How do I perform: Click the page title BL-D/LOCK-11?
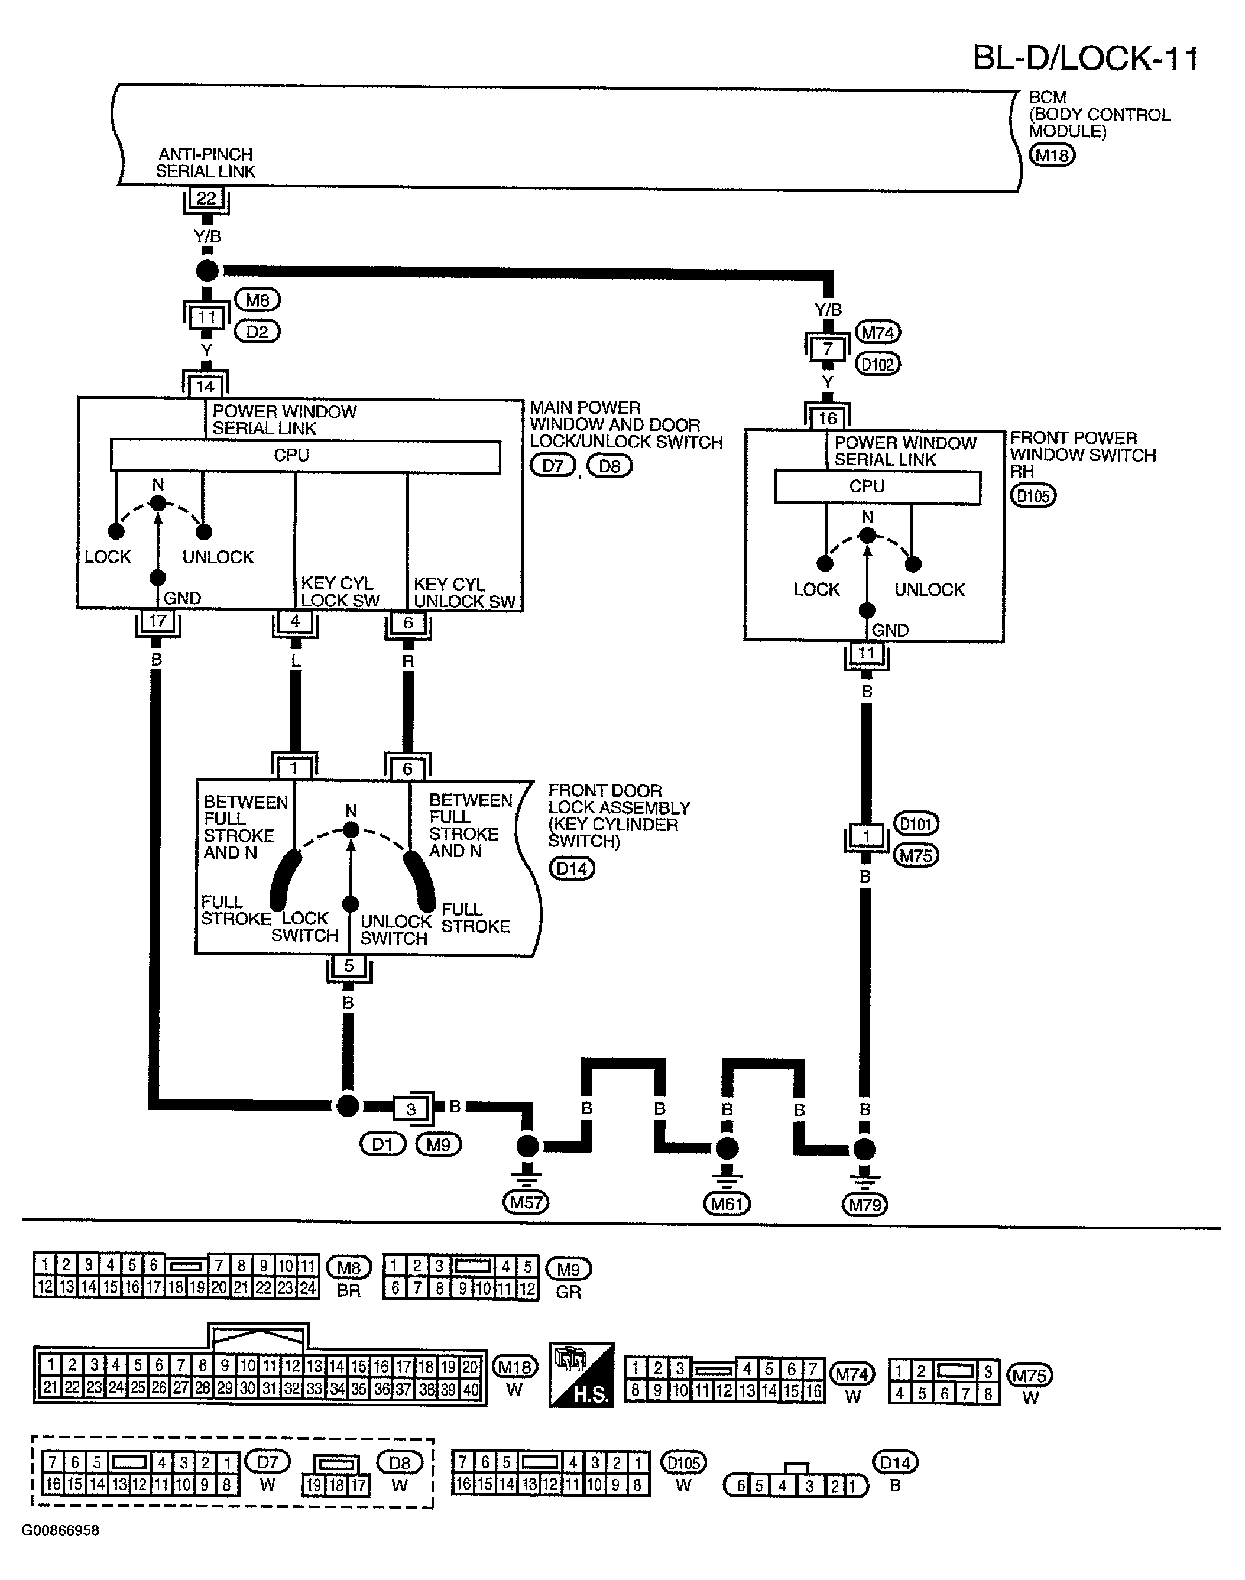pyautogui.click(x=1086, y=59)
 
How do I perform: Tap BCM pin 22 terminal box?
pyautogui.click(x=206, y=198)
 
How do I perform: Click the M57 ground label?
pyautogui.click(x=526, y=1202)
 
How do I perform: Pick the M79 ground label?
pyautogui.click(x=865, y=1205)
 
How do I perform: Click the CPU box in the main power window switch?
pyautogui.click(x=306, y=456)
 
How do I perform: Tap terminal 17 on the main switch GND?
pyautogui.click(x=157, y=621)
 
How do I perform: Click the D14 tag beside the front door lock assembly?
pyautogui.click(x=572, y=869)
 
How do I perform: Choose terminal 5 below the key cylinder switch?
pyautogui.click(x=349, y=966)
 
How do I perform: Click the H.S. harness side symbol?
pyautogui.click(x=582, y=1374)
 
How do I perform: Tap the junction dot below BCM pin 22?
pyautogui.click(x=208, y=271)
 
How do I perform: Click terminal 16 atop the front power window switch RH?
pyautogui.click(x=827, y=418)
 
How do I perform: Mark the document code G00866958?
pyautogui.click(x=60, y=1530)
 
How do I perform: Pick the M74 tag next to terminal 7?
pyautogui.click(x=878, y=333)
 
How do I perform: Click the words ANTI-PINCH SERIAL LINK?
pyautogui.click(x=206, y=163)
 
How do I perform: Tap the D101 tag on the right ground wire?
pyautogui.click(x=916, y=823)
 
